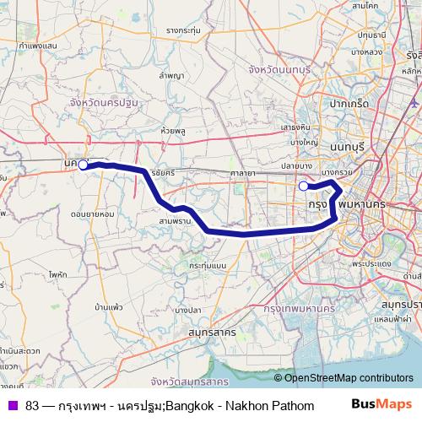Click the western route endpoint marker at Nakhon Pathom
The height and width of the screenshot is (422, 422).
(83, 165)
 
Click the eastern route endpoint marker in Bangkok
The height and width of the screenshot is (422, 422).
(304, 186)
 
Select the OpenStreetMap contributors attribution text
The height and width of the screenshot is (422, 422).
(349, 378)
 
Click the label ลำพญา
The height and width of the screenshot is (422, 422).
(171, 75)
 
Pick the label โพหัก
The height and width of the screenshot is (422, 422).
(58, 274)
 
